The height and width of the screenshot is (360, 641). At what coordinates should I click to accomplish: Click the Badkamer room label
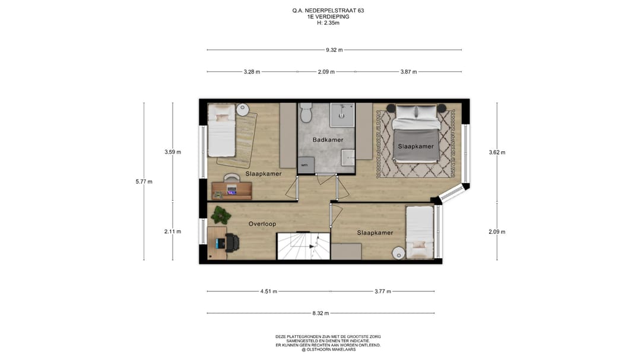(328, 140)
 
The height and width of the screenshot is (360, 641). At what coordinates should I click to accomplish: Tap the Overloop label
(262, 224)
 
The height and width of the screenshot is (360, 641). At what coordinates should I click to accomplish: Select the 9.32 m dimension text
(334, 50)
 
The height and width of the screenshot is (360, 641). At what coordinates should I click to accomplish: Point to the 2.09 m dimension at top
(326, 72)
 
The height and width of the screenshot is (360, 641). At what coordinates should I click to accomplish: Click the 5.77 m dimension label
(144, 182)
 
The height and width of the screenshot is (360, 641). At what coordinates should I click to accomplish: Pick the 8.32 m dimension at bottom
(321, 313)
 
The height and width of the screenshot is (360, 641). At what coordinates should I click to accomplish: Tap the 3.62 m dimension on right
(497, 152)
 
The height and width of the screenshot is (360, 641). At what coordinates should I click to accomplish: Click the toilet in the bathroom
(306, 112)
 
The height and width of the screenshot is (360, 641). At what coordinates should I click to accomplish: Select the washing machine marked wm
(306, 165)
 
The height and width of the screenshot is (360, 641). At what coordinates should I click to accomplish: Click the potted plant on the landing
(221, 214)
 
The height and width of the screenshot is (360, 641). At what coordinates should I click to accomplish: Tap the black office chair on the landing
(232, 243)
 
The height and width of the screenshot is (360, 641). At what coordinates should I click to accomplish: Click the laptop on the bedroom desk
(232, 190)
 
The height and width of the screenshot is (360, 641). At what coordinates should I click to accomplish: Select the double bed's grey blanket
(415, 145)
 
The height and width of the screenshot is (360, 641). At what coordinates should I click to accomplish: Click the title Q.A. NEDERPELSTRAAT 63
(328, 11)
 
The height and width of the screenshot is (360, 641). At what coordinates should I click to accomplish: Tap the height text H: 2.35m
(328, 23)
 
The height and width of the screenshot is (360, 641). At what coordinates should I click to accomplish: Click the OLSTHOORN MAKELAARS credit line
(329, 350)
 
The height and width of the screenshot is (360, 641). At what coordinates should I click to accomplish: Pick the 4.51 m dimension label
(269, 292)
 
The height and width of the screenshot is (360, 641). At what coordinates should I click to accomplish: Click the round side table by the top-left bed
(242, 110)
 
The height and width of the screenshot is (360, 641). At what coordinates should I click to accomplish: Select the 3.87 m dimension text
(409, 72)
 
